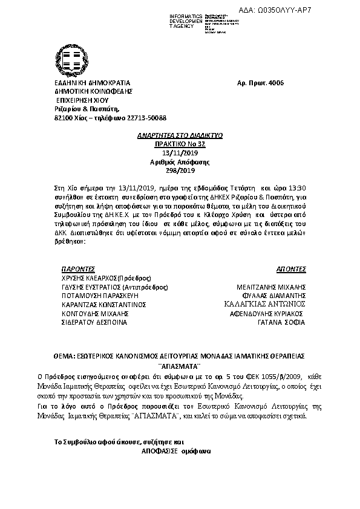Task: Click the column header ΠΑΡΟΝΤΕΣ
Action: (79, 268)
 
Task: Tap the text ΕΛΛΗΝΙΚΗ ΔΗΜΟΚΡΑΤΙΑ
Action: (93, 83)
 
